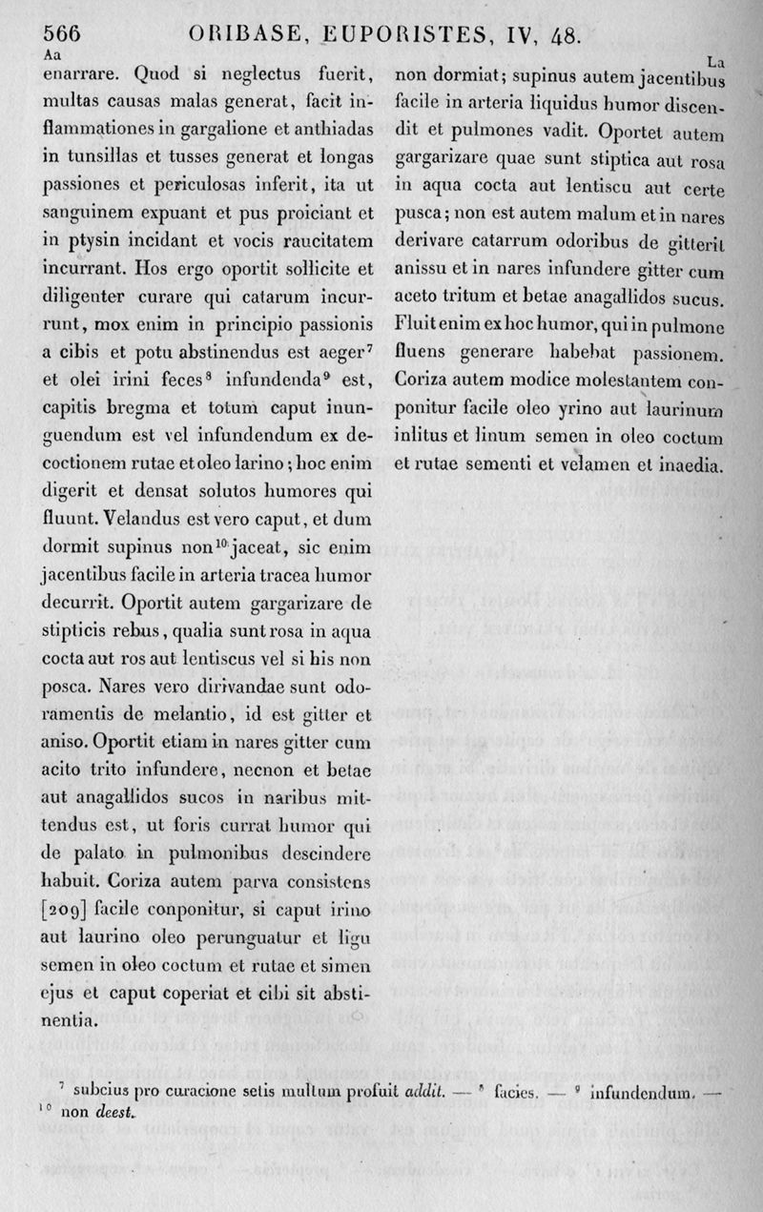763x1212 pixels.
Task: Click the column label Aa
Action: (x=52, y=55)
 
